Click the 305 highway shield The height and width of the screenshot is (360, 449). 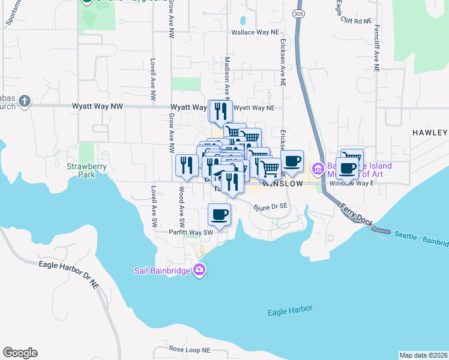click(x=298, y=14)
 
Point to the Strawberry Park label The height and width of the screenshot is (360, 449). click(x=82, y=170)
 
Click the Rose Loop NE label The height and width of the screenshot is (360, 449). click(x=190, y=349)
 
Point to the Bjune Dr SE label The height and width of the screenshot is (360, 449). click(x=271, y=206)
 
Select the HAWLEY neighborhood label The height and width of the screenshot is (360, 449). click(x=430, y=132)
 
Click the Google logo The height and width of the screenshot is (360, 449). click(x=20, y=353)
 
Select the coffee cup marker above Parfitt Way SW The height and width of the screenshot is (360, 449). click(x=219, y=214)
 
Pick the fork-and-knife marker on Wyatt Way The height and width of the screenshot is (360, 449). click(x=220, y=110)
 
